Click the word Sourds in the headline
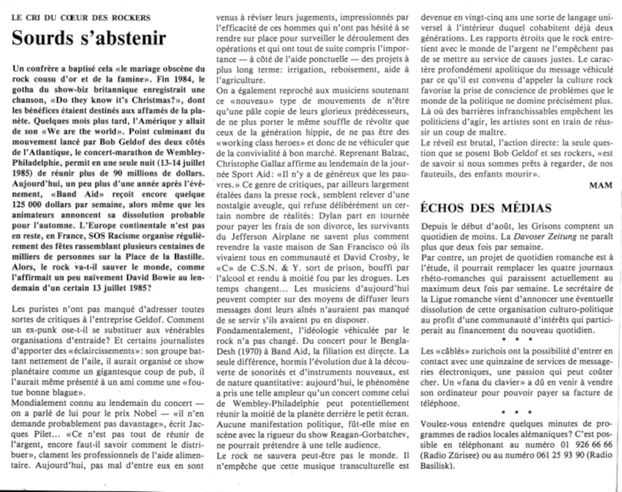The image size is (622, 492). pyautogui.click(x=43, y=38)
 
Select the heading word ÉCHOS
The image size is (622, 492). pyautogui.click(x=442, y=208)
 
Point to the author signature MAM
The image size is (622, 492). pyautogui.click(x=601, y=185)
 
